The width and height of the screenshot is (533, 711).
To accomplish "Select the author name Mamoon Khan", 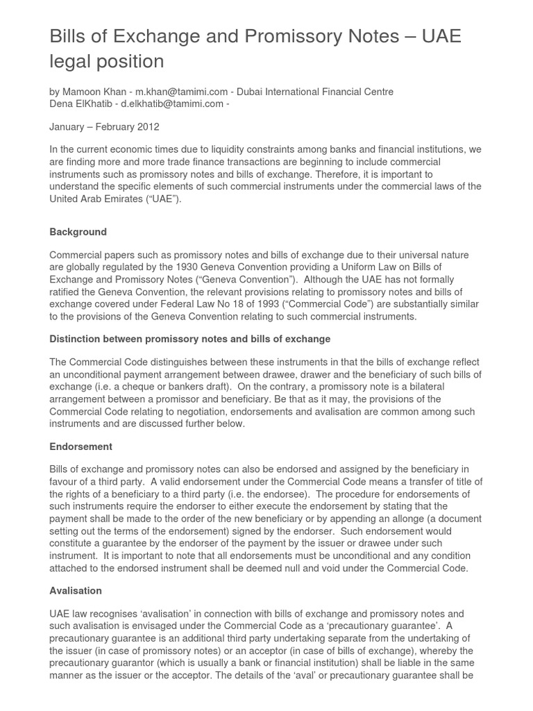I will click(94, 92).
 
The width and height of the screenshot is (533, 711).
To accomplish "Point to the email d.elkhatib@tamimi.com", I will click(172, 104).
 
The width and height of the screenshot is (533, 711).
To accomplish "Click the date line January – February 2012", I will click(104, 127).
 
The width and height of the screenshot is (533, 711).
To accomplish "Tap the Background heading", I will click(78, 232).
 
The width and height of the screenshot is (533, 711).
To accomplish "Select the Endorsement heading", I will click(81, 446).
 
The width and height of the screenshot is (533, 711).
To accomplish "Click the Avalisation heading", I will click(76, 591).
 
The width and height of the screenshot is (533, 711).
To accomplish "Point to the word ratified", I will click(70, 292).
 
